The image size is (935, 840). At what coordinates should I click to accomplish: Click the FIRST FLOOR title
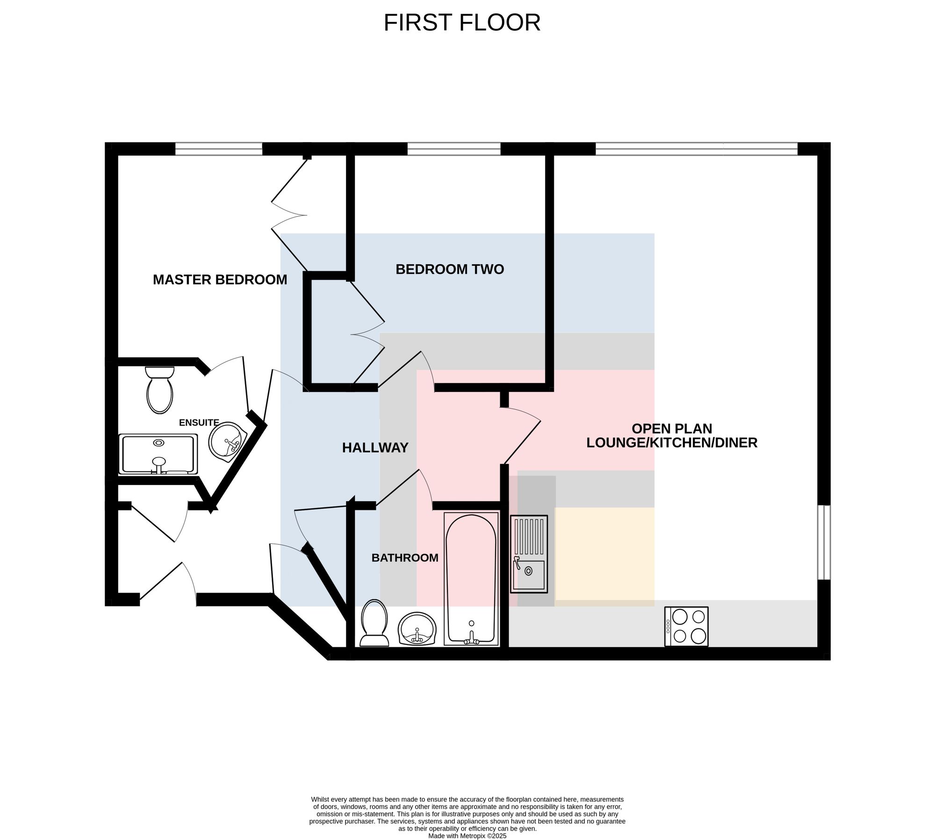pos(462,22)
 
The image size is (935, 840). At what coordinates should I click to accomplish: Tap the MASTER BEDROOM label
pos(220,280)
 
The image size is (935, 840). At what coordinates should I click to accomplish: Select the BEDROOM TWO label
pos(450,269)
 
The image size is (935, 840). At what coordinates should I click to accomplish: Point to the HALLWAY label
pos(375,448)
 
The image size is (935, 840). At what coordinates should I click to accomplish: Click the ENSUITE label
pos(199,422)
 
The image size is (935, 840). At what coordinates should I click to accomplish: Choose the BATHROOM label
pos(405,558)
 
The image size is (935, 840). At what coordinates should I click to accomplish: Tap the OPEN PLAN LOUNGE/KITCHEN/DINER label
pos(672,435)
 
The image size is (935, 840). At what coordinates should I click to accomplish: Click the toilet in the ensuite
pos(159,390)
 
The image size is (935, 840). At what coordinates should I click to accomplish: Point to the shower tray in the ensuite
pos(158,454)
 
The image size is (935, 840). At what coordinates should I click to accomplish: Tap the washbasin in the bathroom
pos(417,629)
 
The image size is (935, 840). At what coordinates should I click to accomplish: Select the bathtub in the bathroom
pos(471,579)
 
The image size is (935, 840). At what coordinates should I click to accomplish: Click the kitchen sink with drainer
pos(529,554)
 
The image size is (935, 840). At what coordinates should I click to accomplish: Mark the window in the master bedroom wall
pos(219,149)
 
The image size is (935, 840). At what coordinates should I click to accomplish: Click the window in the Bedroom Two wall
pos(454,149)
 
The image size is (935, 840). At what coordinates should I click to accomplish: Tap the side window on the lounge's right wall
pos(824,543)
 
